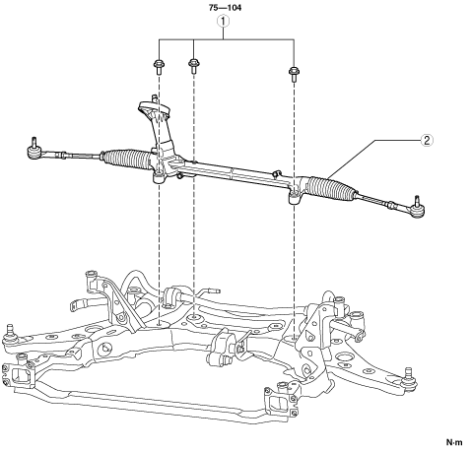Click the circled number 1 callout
pyautogui.click(x=224, y=22)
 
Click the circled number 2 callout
pyautogui.click(x=427, y=141)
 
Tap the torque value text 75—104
pyautogui.click(x=225, y=8)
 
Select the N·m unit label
pyautogui.click(x=454, y=442)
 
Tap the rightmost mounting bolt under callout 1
pyautogui.click(x=294, y=74)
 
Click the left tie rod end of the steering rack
pyautogui.click(x=35, y=150)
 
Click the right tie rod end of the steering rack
pyautogui.click(x=416, y=209)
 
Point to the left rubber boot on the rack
pyautogui.click(x=126, y=159)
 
